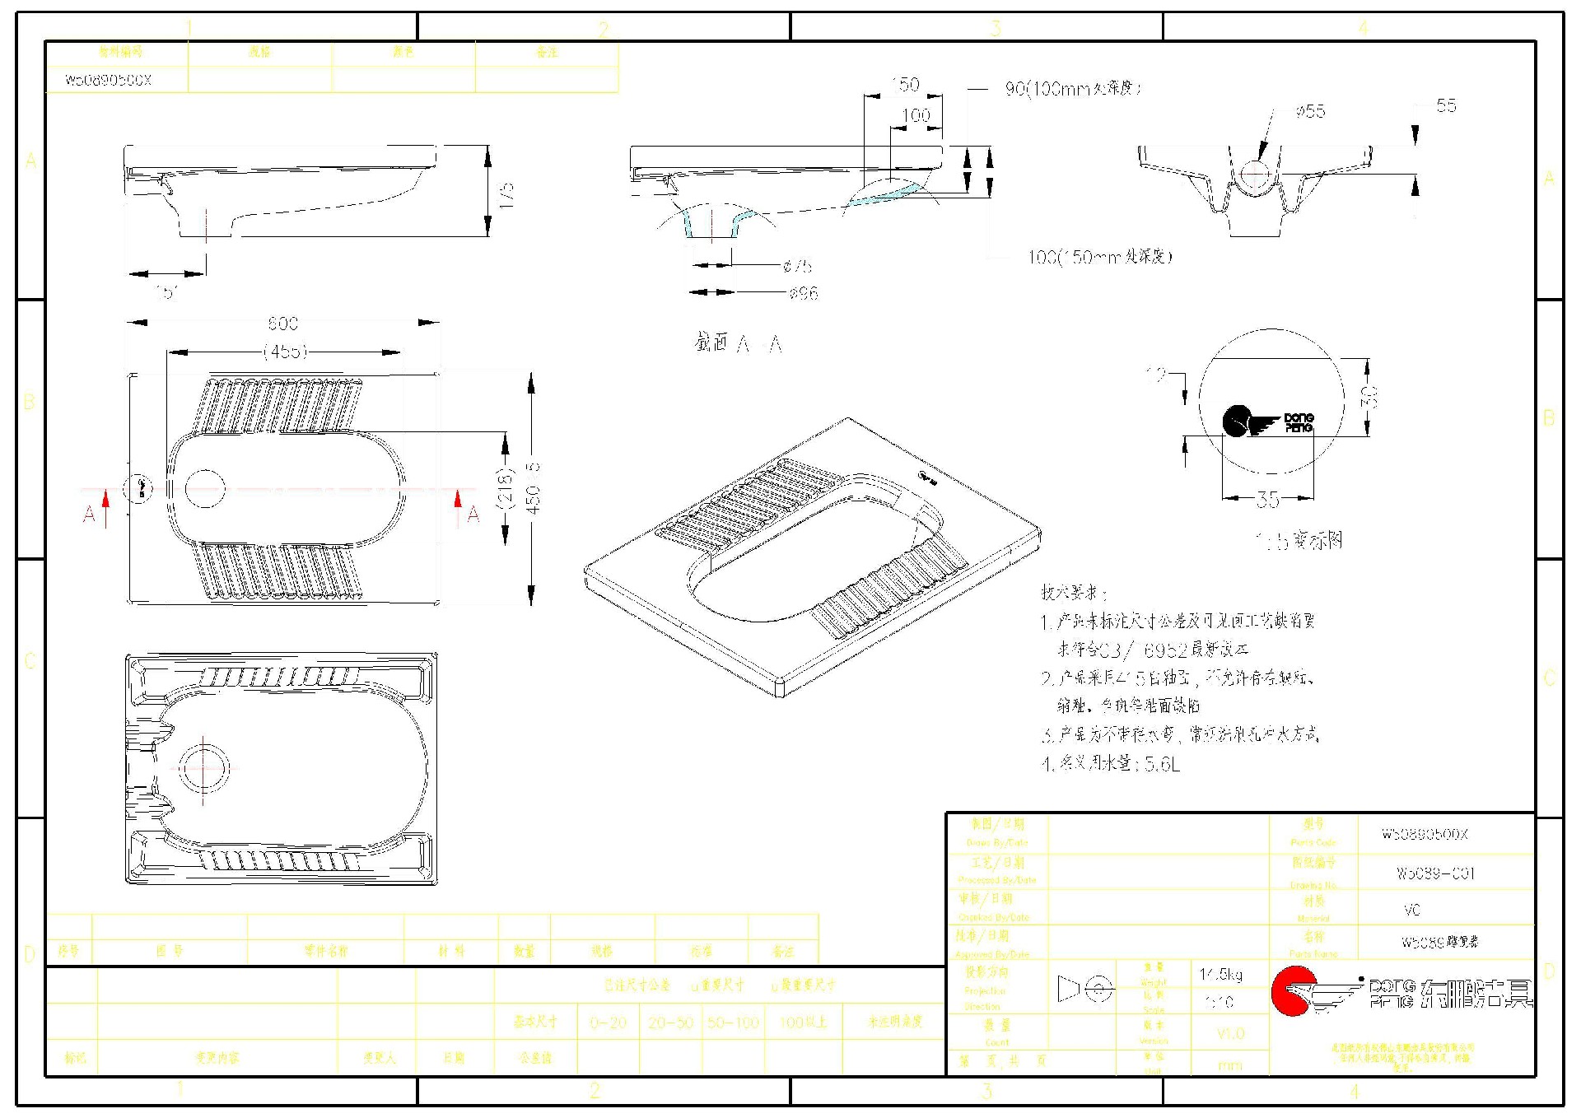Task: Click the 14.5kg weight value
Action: [1220, 974]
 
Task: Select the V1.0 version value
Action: [1230, 1033]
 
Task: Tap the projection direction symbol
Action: [1085, 989]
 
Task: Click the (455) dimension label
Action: [285, 352]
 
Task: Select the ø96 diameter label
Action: [803, 293]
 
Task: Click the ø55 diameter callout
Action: [1309, 111]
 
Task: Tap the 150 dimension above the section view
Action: [904, 85]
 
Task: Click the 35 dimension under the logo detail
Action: [1267, 499]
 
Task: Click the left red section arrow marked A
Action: [105, 505]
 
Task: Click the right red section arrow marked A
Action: [459, 505]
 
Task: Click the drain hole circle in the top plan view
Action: [205, 489]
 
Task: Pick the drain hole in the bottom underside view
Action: [203, 768]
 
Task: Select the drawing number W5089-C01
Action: [1435, 873]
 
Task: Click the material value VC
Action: [1411, 910]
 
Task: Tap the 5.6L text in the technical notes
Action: [1162, 765]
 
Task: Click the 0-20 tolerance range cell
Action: [608, 1023]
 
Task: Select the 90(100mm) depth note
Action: [1073, 88]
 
